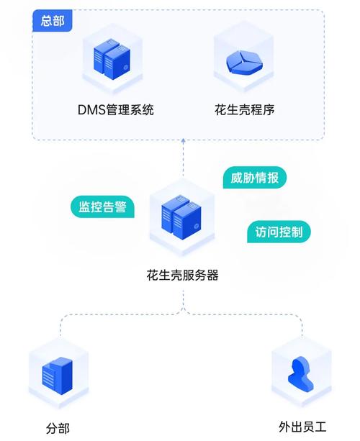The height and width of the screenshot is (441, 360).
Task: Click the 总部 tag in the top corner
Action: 53,20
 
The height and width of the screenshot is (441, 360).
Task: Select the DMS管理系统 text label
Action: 115,110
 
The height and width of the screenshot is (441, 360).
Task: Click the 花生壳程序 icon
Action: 245,60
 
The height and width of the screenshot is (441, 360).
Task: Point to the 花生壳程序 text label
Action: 245,110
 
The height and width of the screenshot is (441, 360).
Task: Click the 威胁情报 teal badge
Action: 255,178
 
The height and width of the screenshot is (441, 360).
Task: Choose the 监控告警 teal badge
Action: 102,207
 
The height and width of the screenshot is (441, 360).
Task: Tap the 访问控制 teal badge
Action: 278,232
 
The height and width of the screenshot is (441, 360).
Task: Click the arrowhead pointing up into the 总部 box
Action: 183,142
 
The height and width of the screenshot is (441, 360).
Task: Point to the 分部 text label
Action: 58,429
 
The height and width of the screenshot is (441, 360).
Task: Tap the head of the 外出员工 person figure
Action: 299,364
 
